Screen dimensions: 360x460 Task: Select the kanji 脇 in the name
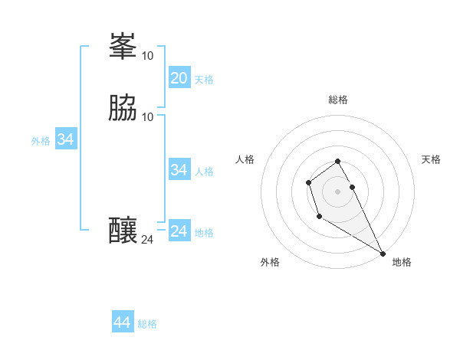123,109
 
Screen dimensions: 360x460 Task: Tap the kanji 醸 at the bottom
123,231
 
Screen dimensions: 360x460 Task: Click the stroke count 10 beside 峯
147,56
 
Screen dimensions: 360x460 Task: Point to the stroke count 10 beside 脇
148,117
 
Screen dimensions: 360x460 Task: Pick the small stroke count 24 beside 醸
147,240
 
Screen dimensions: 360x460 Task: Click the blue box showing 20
179,78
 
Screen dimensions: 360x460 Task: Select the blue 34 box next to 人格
179,170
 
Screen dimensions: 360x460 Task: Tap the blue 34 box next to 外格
65,139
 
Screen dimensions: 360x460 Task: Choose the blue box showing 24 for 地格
179,231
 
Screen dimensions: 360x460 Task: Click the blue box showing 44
122,322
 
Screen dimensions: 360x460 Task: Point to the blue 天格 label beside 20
204,80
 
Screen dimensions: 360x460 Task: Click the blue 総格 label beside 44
147,324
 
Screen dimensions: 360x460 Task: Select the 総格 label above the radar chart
338,100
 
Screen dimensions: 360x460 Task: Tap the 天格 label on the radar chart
431,159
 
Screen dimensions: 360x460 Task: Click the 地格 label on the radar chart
402,262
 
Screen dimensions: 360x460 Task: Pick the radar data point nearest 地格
383,254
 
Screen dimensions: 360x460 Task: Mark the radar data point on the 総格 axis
338,161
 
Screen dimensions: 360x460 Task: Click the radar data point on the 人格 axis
308,182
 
